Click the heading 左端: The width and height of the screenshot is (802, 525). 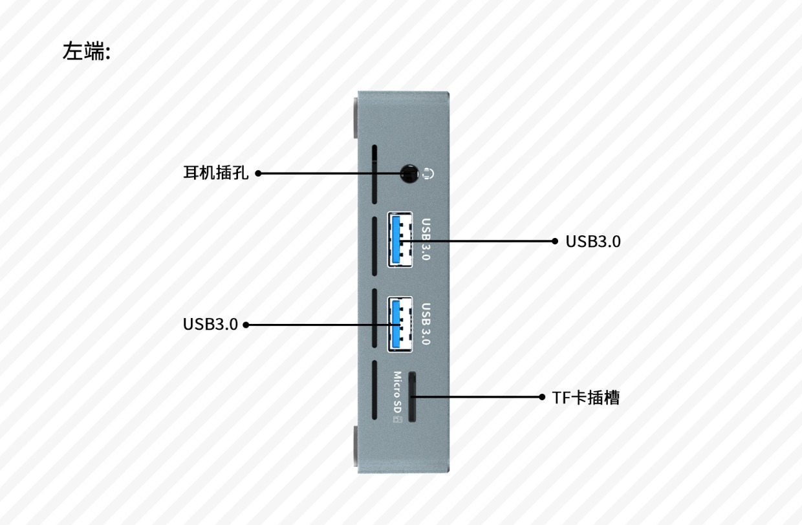point(87,51)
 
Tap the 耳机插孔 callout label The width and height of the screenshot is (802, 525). point(215,173)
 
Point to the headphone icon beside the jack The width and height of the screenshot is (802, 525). point(428,173)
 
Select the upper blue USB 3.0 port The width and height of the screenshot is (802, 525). point(400,239)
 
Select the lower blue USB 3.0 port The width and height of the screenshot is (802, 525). point(400,324)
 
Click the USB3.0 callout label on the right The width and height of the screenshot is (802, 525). point(593,241)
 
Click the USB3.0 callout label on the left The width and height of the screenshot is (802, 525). point(210,324)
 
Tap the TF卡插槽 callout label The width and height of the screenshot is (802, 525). point(585,398)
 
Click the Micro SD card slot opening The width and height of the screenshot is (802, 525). point(411,397)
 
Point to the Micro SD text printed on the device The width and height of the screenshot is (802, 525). point(398,392)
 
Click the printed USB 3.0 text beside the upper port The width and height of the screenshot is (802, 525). point(426,239)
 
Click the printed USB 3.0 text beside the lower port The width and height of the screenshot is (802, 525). point(426,324)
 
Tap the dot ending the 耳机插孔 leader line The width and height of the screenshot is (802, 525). point(258,173)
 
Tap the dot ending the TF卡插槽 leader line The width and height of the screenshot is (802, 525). point(543,397)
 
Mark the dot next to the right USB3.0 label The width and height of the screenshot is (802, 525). point(555,241)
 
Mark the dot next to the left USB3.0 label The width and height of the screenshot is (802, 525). point(246,325)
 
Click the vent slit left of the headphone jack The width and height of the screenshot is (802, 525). point(374,173)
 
